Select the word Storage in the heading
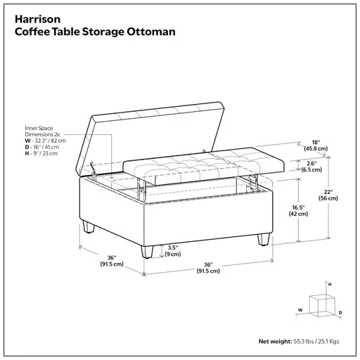click(x=103, y=32)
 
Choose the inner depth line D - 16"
click(x=41, y=148)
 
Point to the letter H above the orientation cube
click(x=329, y=283)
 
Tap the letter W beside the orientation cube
click(x=300, y=309)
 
